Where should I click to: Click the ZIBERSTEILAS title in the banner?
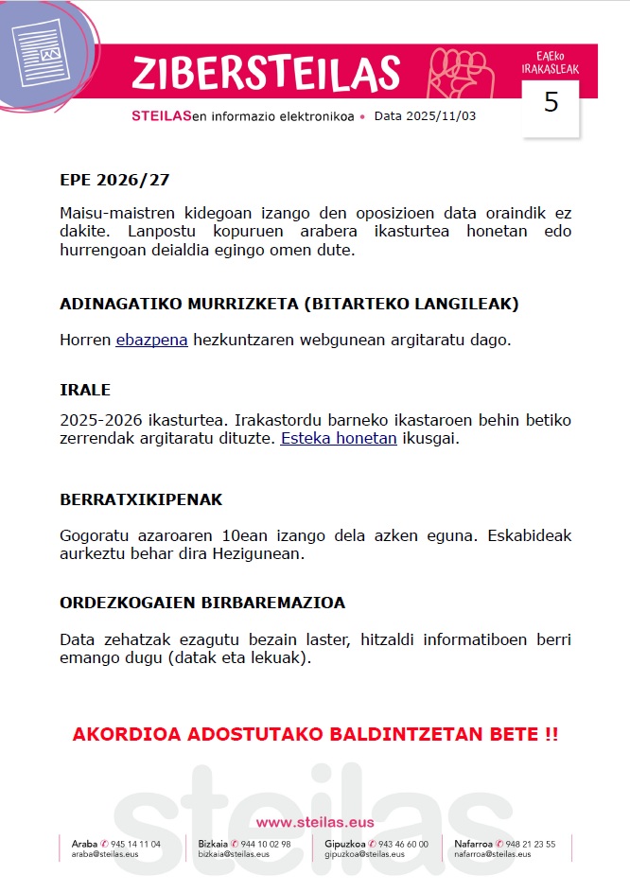[x=266, y=73]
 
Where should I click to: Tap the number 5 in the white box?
[x=551, y=103]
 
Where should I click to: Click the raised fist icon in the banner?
[x=456, y=72]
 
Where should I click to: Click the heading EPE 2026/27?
[x=114, y=180]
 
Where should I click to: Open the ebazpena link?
[x=152, y=340]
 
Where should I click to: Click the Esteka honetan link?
[x=339, y=438]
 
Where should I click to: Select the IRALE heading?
[x=85, y=390]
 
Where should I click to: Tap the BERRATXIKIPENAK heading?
[x=141, y=499]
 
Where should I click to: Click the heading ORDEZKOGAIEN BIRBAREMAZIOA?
[x=202, y=603]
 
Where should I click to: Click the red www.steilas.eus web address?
[x=315, y=822]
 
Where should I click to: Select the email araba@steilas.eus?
[x=105, y=854]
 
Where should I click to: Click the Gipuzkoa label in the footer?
[x=345, y=844]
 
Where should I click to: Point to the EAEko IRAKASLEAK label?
[x=551, y=63]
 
